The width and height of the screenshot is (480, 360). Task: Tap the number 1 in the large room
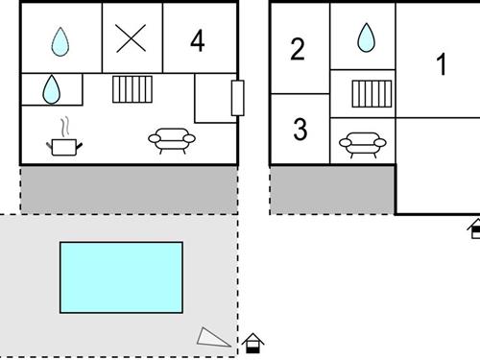click(442, 65)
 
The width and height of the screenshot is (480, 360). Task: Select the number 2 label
click(298, 49)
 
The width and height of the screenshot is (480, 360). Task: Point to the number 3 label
click(300, 129)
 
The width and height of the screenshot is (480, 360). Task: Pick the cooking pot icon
click(64, 146)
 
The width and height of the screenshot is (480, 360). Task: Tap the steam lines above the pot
click(65, 127)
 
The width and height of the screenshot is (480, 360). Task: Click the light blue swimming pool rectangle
click(121, 277)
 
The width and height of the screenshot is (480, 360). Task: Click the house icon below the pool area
click(252, 342)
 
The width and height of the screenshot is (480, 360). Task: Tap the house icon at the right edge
click(474, 228)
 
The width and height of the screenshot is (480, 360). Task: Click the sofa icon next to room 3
click(363, 145)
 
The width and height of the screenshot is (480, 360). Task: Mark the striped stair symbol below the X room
click(133, 89)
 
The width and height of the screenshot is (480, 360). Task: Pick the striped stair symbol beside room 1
click(370, 93)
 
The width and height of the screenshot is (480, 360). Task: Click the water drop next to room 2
click(366, 38)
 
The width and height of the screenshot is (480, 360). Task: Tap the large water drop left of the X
click(60, 40)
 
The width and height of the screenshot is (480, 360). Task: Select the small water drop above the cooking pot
click(51, 90)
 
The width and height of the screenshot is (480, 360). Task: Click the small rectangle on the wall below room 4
click(237, 99)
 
